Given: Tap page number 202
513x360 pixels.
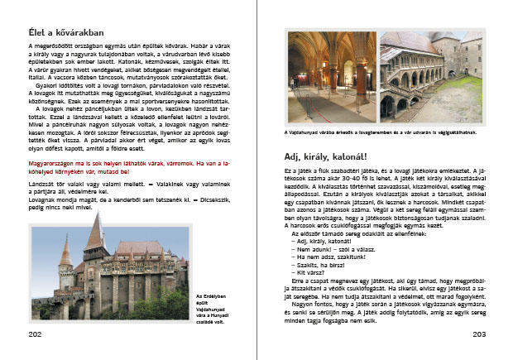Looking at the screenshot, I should (x=35, y=334).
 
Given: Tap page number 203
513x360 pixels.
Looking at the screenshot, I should (x=478, y=334).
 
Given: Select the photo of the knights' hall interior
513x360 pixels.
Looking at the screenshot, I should (x=331, y=75).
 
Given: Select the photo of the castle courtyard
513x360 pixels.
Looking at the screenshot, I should (x=431, y=75).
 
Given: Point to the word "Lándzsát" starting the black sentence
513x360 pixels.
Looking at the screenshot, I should (x=41, y=184).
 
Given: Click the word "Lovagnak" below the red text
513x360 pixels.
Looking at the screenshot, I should (x=43, y=199).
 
